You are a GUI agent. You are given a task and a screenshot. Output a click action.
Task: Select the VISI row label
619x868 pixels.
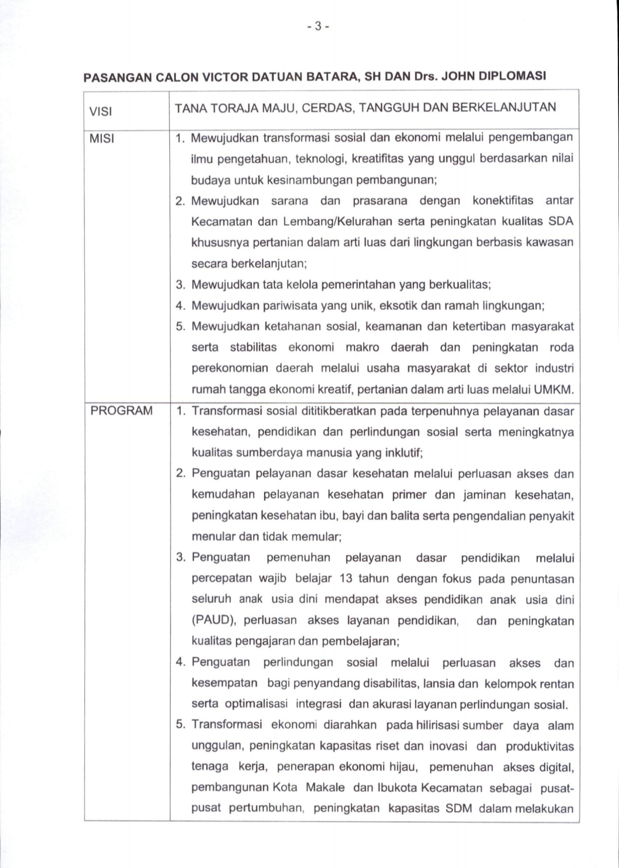click(101, 111)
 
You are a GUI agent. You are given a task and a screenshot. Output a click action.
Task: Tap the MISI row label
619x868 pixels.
click(102, 139)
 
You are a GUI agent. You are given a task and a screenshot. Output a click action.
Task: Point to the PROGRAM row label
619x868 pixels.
click(121, 411)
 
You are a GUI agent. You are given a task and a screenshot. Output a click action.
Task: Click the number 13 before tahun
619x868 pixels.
click(346, 578)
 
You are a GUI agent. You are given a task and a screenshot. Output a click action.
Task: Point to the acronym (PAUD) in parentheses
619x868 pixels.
click(214, 620)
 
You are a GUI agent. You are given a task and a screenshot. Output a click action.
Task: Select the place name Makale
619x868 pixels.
click(325, 788)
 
